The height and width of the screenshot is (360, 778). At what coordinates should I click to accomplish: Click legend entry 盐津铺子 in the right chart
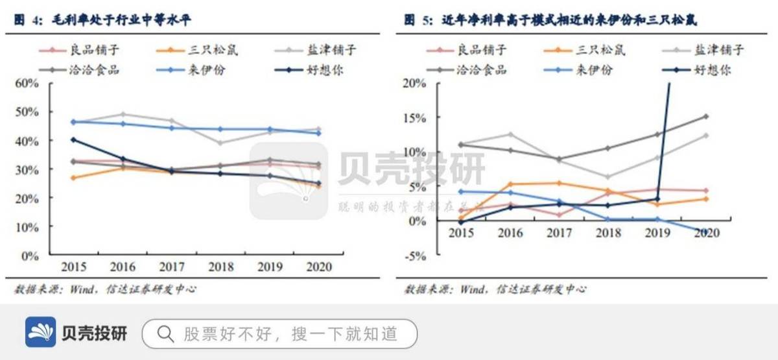click(x=719, y=50)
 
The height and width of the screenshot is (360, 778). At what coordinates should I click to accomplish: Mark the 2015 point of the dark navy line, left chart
click(x=73, y=139)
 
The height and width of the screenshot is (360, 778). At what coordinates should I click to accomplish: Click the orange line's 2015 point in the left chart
click(x=73, y=178)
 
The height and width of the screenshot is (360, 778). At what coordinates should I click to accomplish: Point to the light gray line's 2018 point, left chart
click(x=220, y=143)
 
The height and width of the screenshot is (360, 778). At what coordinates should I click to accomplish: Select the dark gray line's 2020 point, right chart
click(x=705, y=117)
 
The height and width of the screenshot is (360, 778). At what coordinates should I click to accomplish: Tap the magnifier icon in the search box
click(x=166, y=333)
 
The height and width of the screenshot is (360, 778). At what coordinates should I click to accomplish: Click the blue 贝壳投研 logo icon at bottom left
click(x=41, y=333)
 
